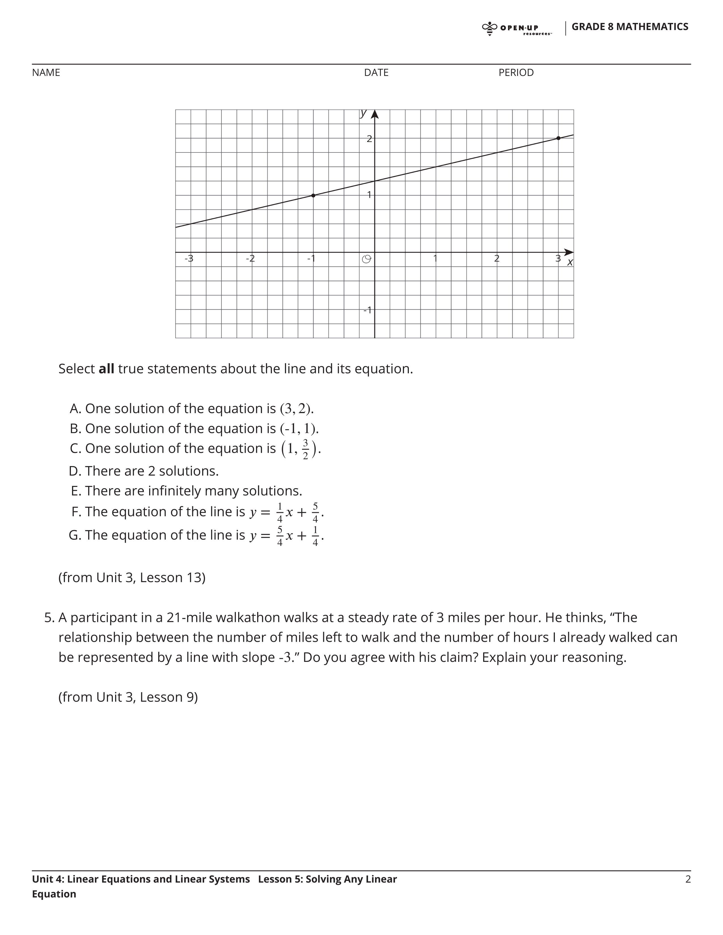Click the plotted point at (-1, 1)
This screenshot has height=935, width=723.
(313, 195)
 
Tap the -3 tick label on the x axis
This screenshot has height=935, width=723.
(189, 259)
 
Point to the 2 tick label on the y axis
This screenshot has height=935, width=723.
(369, 139)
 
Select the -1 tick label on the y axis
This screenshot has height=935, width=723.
(367, 310)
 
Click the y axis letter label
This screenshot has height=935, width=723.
(363, 113)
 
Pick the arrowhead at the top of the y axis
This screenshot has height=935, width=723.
(375, 114)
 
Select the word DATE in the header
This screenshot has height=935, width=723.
(376, 73)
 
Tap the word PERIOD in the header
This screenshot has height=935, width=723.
(516, 73)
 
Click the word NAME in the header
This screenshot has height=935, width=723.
(46, 73)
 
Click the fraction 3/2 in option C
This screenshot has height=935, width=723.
(305, 449)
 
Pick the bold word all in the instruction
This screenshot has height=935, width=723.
(106, 369)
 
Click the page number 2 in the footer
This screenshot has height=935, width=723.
(688, 879)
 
